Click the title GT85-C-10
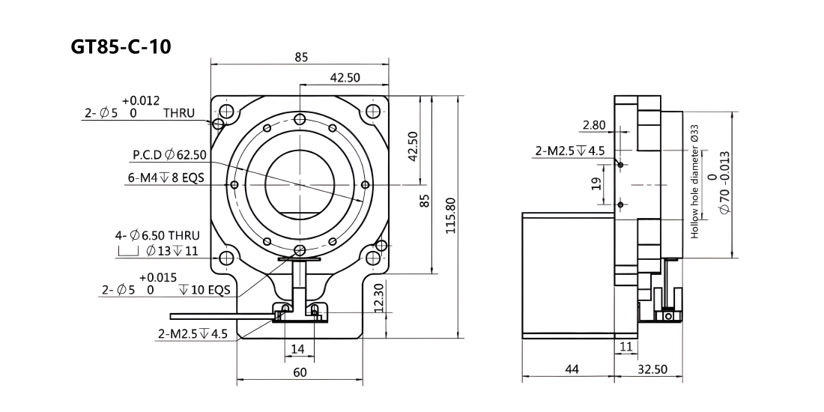pyautogui.click(x=121, y=46)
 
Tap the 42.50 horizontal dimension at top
pyautogui.click(x=345, y=77)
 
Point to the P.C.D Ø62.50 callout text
pyautogui.click(x=169, y=155)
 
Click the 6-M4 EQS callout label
pyautogui.click(x=166, y=178)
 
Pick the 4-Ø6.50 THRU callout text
pyautogui.click(x=157, y=235)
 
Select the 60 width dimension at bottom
pyautogui.click(x=300, y=372)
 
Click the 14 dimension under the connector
pyautogui.click(x=297, y=348)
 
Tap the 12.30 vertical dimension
pyautogui.click(x=380, y=299)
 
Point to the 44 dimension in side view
pyautogui.click(x=571, y=369)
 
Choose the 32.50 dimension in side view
pyautogui.click(x=652, y=369)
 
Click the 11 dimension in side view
pyautogui.click(x=626, y=346)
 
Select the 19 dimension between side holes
pyautogui.click(x=596, y=184)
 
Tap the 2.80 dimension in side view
pyautogui.click(x=594, y=125)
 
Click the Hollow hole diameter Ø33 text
pyautogui.click(x=694, y=181)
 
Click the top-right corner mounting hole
pyautogui.click(x=372, y=112)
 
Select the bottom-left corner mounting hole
pyautogui.click(x=226, y=258)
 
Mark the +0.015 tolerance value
pyautogui.click(x=157, y=277)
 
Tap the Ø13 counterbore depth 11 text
pyautogui.click(x=172, y=251)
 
